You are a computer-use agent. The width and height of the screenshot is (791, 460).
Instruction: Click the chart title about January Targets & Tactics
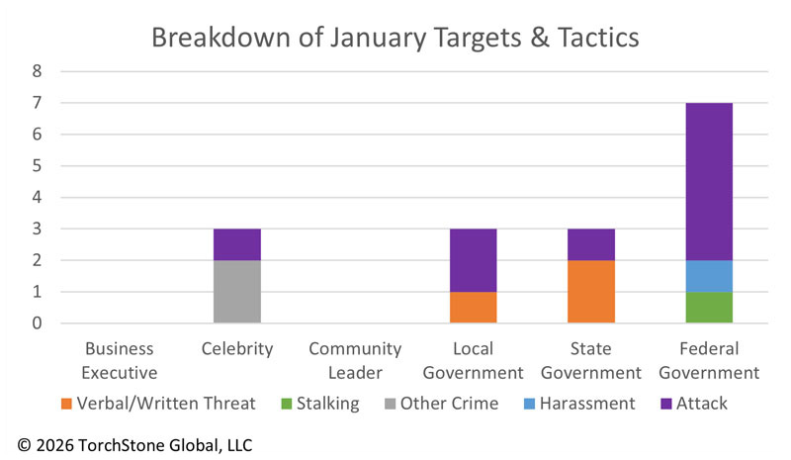coord(395,39)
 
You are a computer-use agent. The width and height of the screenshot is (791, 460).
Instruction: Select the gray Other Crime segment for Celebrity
coord(237,291)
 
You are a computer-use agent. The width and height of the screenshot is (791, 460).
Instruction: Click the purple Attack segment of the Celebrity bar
coord(237,244)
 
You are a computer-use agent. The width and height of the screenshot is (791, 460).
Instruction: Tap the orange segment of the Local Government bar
coord(473,307)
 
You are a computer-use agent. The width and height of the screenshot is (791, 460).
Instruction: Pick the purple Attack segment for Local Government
coord(473,260)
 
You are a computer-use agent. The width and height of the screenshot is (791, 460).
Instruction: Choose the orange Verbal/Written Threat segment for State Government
coord(591,291)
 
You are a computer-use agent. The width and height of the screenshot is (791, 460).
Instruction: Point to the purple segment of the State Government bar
coord(591,244)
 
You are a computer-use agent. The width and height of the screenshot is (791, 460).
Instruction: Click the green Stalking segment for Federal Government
coord(709,307)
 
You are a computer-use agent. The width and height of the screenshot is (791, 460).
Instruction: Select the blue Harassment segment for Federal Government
coord(709,276)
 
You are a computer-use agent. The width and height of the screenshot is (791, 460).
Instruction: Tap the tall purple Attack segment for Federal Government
coord(709,181)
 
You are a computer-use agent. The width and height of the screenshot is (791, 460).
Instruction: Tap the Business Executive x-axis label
coord(120,360)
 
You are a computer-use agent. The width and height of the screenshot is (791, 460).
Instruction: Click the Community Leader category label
coord(355,360)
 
